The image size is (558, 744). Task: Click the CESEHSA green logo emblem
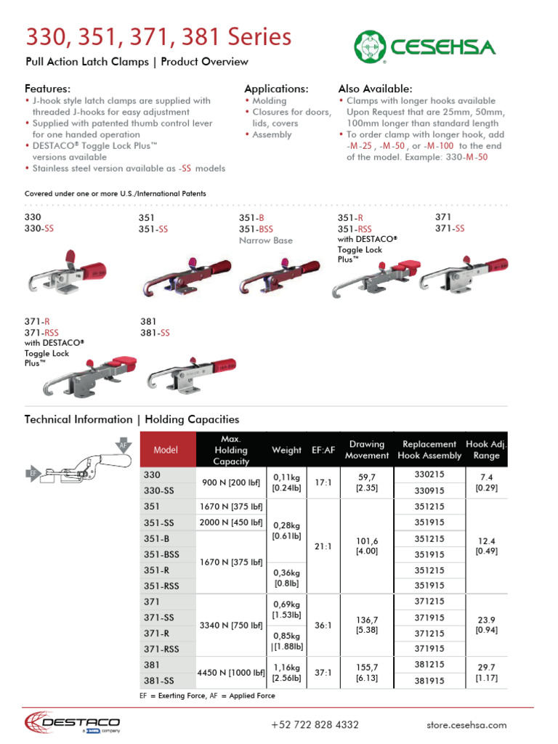click(x=371, y=47)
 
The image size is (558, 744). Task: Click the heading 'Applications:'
click(x=276, y=88)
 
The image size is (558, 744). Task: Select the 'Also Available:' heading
click(x=375, y=88)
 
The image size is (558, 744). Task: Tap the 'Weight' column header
click(x=286, y=450)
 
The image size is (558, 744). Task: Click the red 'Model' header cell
click(x=166, y=450)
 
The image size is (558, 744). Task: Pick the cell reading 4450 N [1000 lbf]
click(x=231, y=672)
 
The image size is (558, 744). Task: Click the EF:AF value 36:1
click(x=323, y=624)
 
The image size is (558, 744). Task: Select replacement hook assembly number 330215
click(x=429, y=474)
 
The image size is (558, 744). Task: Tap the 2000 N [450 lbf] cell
click(x=231, y=522)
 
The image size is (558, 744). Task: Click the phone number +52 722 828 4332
click(x=315, y=724)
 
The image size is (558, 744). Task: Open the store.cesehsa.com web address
click(x=466, y=724)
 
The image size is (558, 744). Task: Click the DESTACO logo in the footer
click(x=72, y=722)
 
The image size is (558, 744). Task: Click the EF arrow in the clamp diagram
click(x=33, y=474)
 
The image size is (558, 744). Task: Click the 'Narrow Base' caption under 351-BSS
click(x=265, y=240)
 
